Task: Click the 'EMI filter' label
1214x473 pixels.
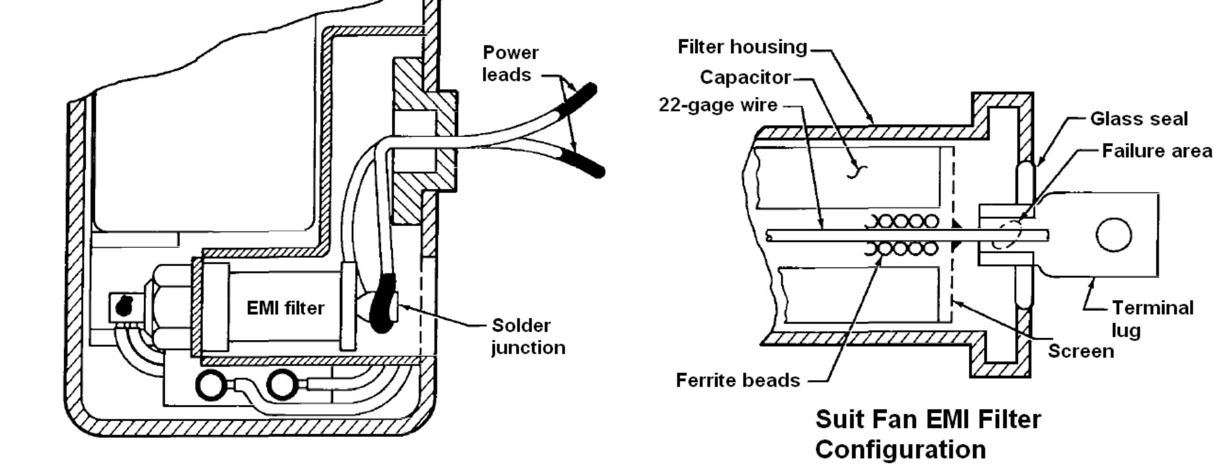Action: click(x=286, y=309)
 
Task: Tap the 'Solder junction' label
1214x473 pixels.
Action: click(x=528, y=336)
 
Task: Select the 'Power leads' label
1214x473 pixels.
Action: click(x=510, y=64)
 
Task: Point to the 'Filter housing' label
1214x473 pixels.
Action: click(x=742, y=47)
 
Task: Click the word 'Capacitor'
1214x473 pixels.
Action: click(x=745, y=78)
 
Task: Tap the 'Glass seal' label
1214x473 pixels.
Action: click(x=1138, y=119)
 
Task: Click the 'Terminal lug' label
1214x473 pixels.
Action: click(x=1152, y=319)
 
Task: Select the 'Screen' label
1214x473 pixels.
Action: click(x=1080, y=351)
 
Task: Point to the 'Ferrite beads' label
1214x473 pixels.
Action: click(x=738, y=380)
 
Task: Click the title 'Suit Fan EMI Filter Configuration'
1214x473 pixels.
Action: click(x=928, y=434)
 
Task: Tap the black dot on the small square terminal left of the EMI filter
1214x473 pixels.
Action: click(x=123, y=306)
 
